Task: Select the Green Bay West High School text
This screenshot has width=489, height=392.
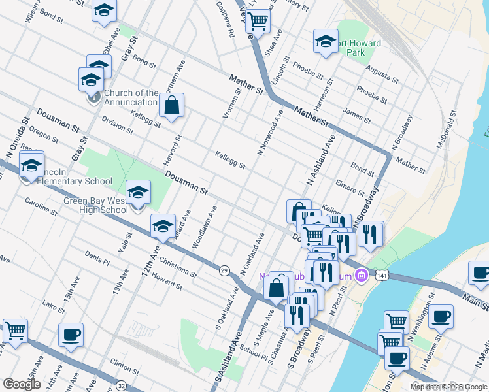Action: (95, 205)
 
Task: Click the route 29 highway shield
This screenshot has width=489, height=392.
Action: (224, 270)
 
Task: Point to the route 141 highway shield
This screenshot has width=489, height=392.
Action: (380, 277)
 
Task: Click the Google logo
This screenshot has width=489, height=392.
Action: (22, 384)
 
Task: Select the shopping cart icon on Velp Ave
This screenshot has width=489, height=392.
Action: (258, 22)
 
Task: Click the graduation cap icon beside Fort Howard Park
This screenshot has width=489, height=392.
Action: (325, 41)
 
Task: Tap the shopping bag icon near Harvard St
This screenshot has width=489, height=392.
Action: (171, 105)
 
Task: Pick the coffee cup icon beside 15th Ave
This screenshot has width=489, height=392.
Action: (71, 335)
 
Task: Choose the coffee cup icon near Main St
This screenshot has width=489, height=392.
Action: (480, 273)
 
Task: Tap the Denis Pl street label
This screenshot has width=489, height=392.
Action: (97, 258)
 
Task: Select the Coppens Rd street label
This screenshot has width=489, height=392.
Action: (226, 22)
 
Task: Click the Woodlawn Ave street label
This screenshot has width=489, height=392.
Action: (204, 228)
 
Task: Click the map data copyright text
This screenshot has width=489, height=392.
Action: (448, 387)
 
